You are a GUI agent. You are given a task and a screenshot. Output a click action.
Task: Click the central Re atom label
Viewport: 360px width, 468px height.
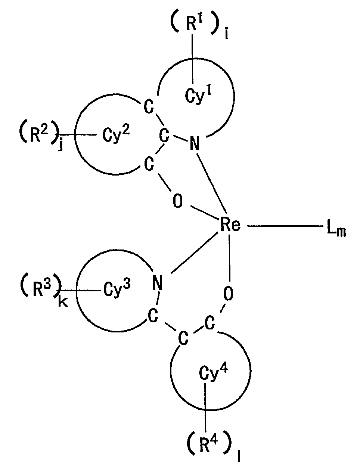coord(229,225)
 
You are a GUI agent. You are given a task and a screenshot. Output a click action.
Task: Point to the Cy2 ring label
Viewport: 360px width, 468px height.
coord(116,136)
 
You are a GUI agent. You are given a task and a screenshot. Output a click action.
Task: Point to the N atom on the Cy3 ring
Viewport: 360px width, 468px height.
coord(158,283)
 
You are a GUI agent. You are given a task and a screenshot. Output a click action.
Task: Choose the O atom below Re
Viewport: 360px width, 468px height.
coord(228,294)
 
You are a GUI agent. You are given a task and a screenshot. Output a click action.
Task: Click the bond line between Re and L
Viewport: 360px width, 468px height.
coord(284,226)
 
